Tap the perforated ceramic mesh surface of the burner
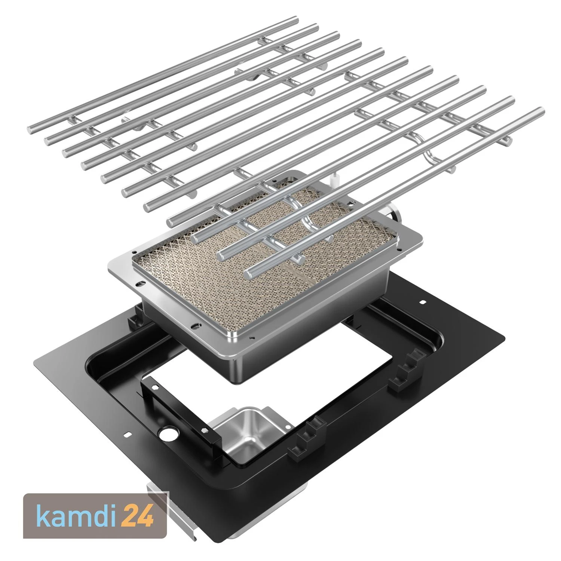coord(262,258)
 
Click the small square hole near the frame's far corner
coord(423,301)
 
